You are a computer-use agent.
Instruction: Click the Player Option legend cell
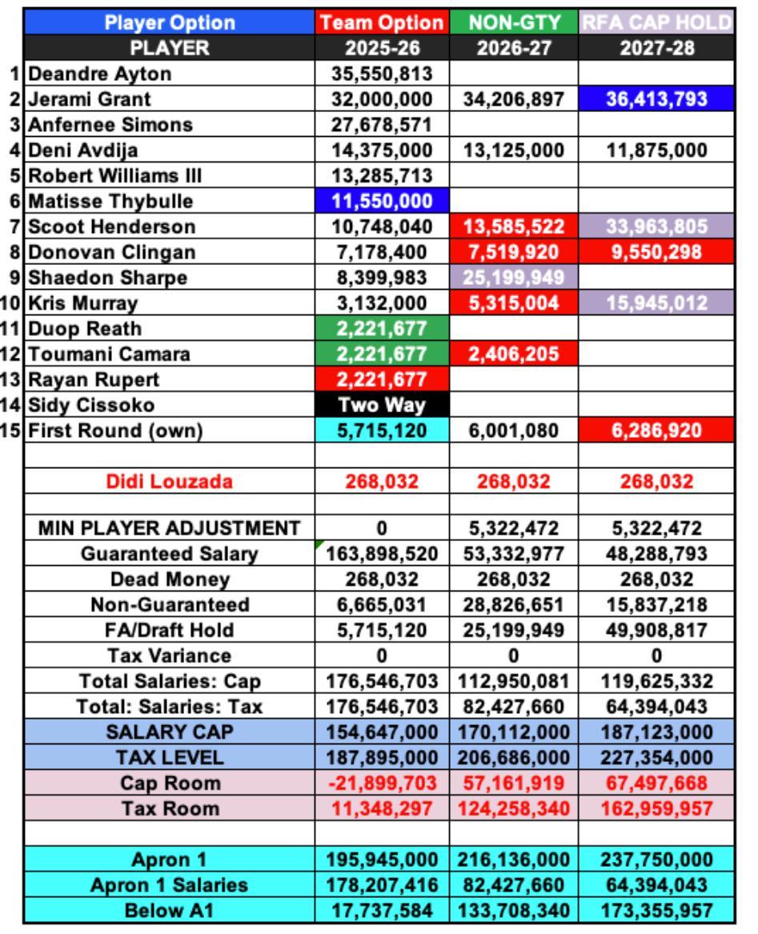click(x=170, y=22)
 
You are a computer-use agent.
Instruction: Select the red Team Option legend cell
click(x=383, y=22)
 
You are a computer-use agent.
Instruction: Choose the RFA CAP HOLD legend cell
click(x=656, y=22)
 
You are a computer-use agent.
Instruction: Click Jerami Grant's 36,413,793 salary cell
click(x=656, y=100)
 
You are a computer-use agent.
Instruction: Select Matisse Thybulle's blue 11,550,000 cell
click(x=383, y=202)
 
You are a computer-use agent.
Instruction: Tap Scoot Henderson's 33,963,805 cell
click(x=656, y=227)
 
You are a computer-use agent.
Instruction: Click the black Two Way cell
click(x=383, y=405)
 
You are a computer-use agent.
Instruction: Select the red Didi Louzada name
click(x=170, y=482)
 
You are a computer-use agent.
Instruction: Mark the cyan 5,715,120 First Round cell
click(x=383, y=431)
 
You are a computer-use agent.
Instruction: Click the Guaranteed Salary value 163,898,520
click(x=383, y=554)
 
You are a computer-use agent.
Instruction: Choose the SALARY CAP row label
click(x=170, y=732)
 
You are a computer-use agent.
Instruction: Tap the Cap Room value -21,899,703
click(x=383, y=784)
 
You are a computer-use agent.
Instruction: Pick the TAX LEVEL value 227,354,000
click(x=656, y=758)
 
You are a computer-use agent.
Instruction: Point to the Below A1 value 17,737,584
click(x=383, y=911)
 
